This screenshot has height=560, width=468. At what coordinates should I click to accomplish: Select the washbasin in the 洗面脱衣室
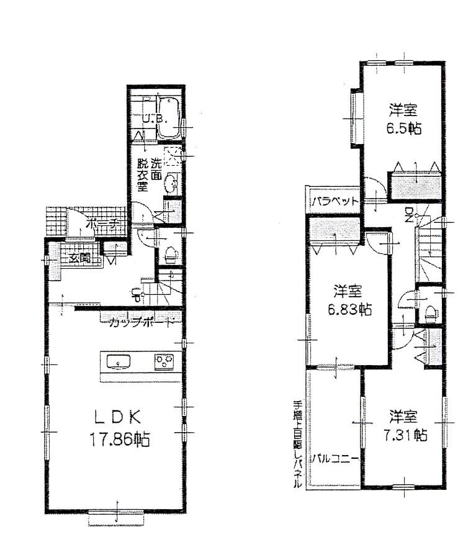point(173,181)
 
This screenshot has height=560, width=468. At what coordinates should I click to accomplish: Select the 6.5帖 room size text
point(402,132)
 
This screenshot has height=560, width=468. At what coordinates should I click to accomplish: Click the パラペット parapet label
point(335,201)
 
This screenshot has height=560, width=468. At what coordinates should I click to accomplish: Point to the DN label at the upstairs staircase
point(409,215)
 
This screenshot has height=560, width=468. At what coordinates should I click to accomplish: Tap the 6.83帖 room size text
point(348,310)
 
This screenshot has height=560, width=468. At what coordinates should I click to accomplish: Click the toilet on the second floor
point(430,311)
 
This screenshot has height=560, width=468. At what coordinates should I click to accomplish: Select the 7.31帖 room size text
point(403,435)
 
